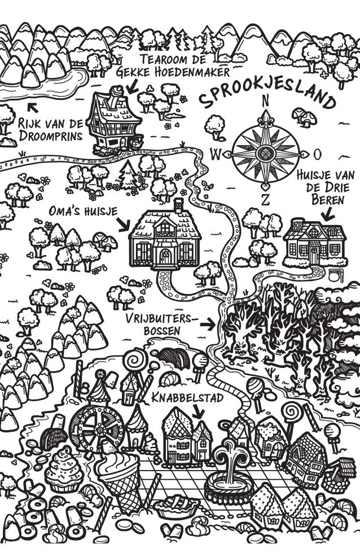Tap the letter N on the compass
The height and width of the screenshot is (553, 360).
[x=265, y=101]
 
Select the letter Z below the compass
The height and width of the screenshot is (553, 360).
[x=265, y=198]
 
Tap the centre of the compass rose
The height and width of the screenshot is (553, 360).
[x=265, y=152]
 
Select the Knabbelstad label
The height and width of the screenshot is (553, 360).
[x=188, y=398]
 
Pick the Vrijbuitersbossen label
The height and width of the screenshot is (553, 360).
[x=162, y=324]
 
